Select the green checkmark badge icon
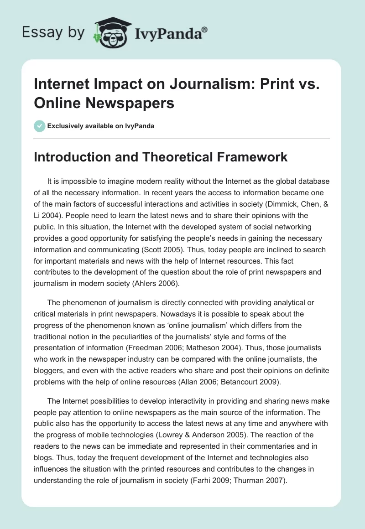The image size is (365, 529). (40, 126)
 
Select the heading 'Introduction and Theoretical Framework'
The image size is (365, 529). (161, 157)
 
